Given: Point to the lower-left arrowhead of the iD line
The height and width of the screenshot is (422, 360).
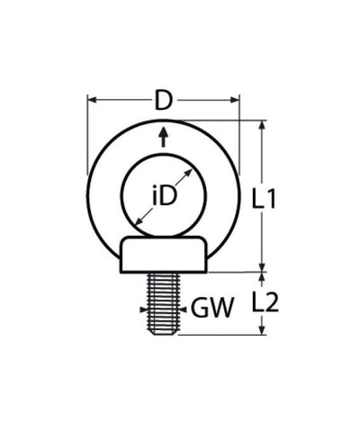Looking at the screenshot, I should click(x=136, y=221).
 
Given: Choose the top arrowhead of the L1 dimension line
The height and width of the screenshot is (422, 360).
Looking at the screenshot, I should click(x=263, y=125).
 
